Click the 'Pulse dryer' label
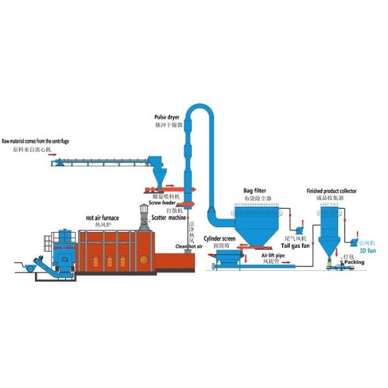167,117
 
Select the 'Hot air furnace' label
102,218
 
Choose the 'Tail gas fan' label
296,246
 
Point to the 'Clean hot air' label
189,246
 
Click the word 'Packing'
354,262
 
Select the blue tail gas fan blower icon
299,228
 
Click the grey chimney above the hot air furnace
144,216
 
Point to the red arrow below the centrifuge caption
52,156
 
